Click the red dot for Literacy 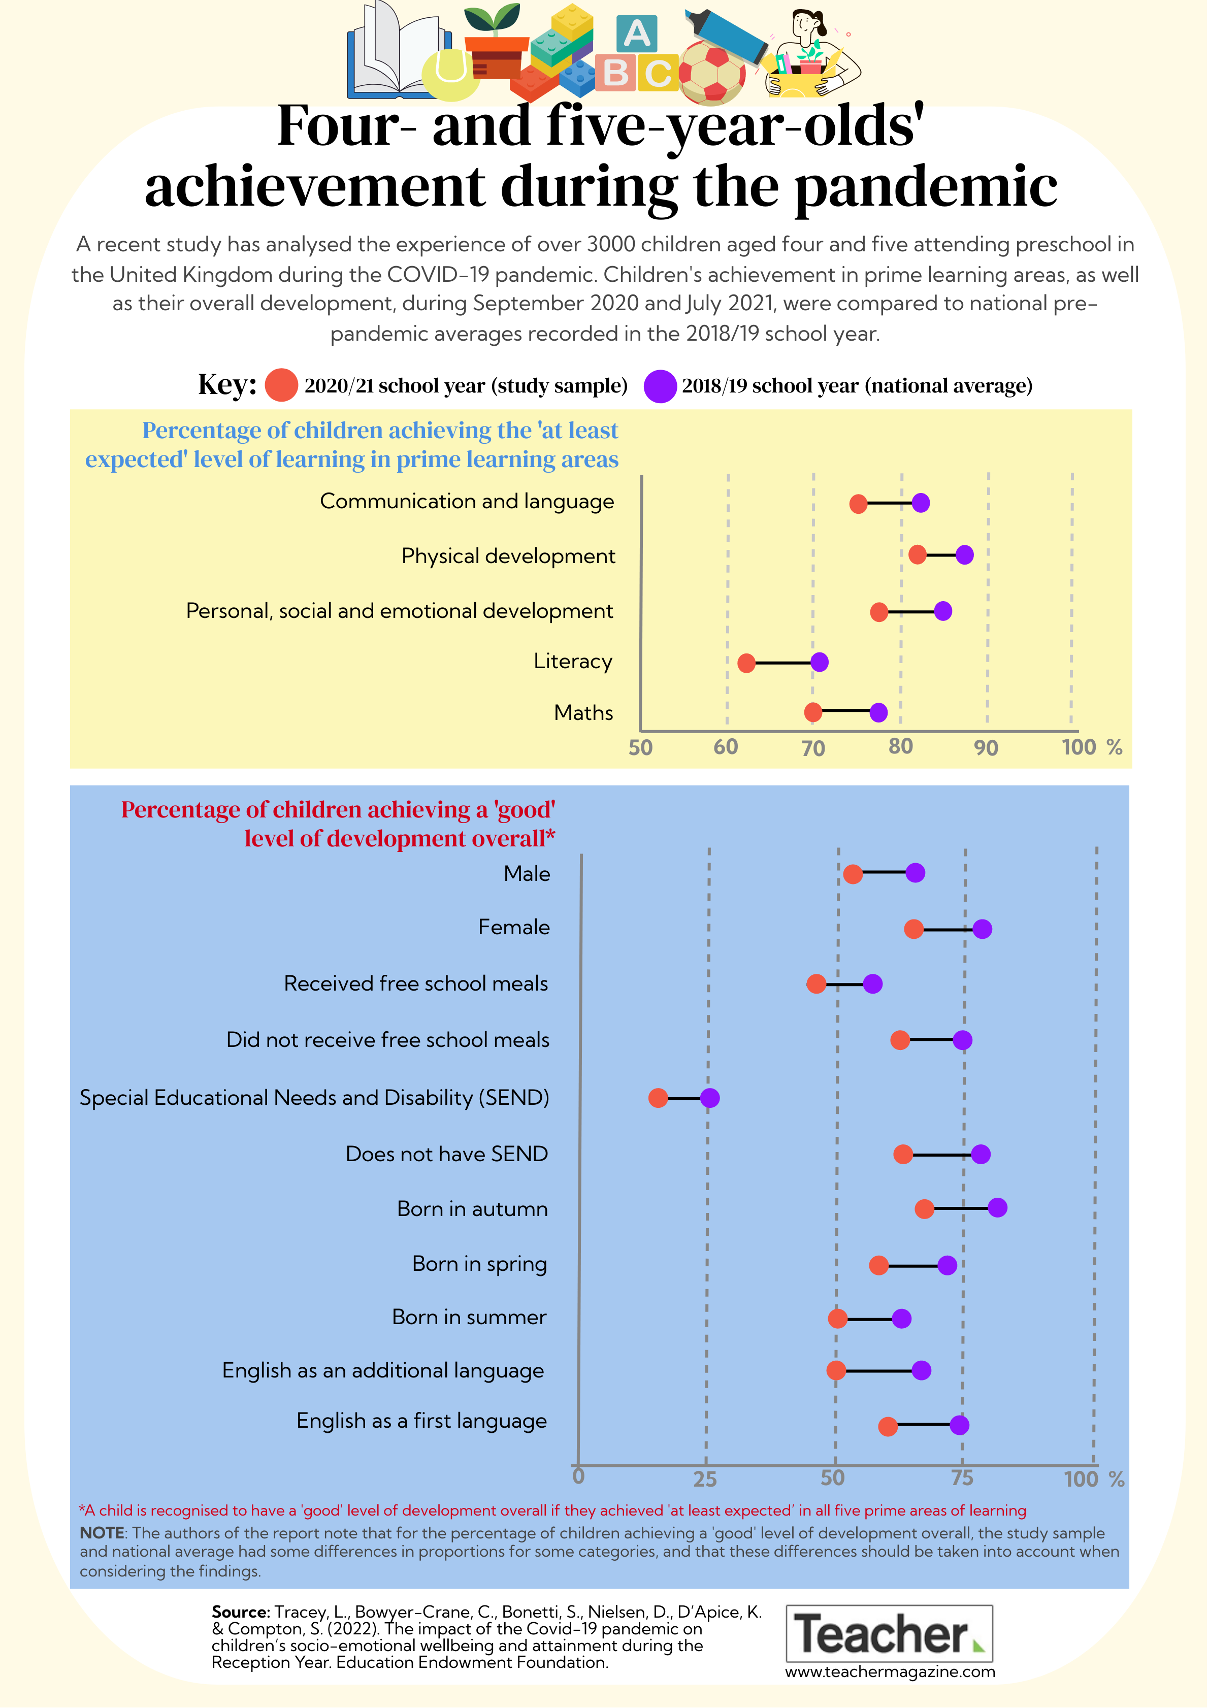coord(746,663)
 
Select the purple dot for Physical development coord(964,554)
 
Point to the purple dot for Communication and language coord(921,503)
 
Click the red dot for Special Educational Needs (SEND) coord(658,1098)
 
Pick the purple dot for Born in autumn coord(997,1207)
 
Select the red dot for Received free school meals coord(816,984)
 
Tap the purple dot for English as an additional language coord(921,1370)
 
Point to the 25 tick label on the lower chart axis coord(705,1479)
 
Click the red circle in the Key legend coord(281,385)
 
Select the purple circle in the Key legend coord(660,386)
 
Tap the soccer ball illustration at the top coord(712,72)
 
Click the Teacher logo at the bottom coord(890,1633)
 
